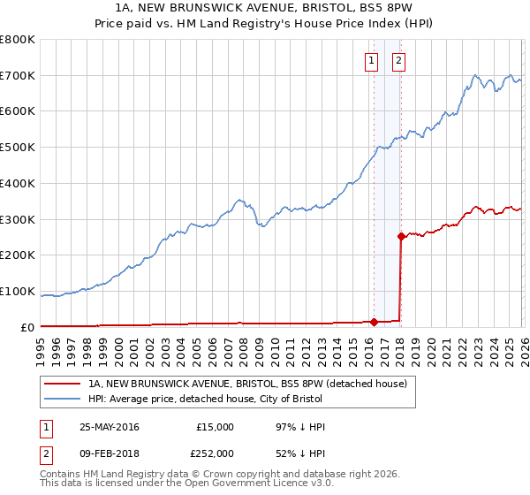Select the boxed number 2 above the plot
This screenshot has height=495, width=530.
coord(398,61)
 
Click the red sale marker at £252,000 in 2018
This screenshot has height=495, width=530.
coord(401,236)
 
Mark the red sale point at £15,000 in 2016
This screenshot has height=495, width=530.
coord(374,322)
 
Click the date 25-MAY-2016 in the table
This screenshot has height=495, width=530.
coord(110,427)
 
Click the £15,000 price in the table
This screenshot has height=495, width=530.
coord(216,427)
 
